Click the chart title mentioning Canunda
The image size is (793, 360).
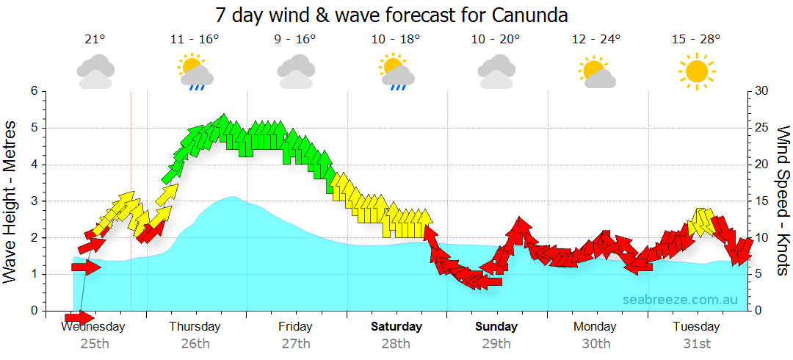(x=392, y=15)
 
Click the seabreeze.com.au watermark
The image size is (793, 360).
(x=680, y=300)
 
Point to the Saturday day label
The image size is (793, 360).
(x=396, y=326)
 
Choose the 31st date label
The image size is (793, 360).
(x=696, y=343)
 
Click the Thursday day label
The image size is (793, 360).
(x=195, y=326)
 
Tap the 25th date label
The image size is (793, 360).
(x=95, y=343)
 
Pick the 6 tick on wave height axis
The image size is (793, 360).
(x=33, y=91)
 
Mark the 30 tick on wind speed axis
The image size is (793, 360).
(x=761, y=91)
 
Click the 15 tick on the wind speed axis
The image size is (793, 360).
(x=761, y=201)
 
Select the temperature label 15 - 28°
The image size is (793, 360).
(x=696, y=40)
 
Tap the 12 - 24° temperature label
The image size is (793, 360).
(x=595, y=40)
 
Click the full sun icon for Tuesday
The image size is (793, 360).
(x=696, y=72)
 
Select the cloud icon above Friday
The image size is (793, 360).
(x=296, y=72)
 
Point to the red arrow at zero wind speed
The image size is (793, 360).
(x=79, y=317)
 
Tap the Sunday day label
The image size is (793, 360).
(x=496, y=326)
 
